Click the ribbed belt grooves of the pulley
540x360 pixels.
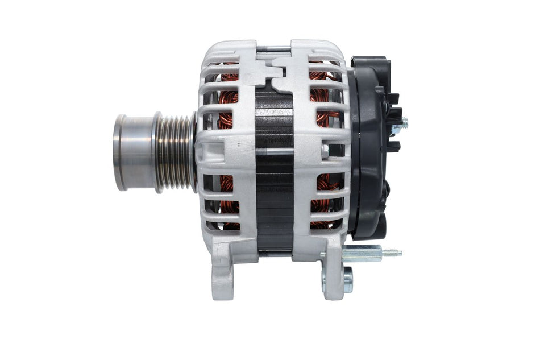click(x=175, y=152)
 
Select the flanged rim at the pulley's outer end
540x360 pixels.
click(x=119, y=152)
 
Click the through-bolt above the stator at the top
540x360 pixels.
click(x=274, y=48)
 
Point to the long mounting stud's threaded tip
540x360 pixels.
click(x=392, y=253)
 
